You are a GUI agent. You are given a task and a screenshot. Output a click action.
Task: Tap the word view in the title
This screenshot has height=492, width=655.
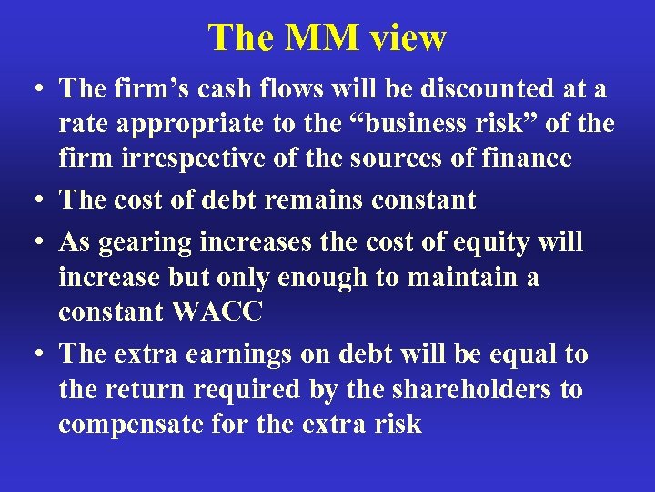pos(406,38)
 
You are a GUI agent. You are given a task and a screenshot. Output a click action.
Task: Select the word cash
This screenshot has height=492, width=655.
pos(227,89)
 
